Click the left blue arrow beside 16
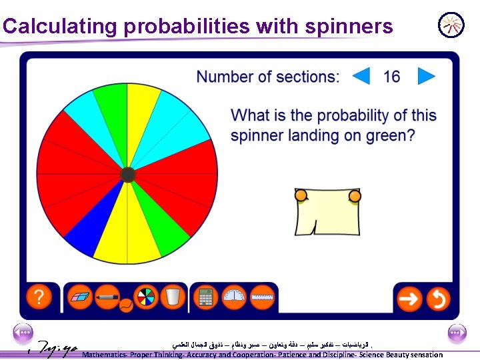coord(361,76)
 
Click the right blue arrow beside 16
coord(426,76)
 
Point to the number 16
coord(392,76)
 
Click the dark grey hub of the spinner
coord(128,175)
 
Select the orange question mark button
coord(40,297)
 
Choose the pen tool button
coord(107,297)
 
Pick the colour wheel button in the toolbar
coord(145,297)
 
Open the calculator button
coord(206,297)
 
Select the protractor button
coord(234,297)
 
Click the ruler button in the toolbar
coord(262,297)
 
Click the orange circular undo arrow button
coord(438,298)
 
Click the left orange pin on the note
coord(301,195)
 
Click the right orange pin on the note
coord(355,196)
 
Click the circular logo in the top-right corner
coord(451,25)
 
